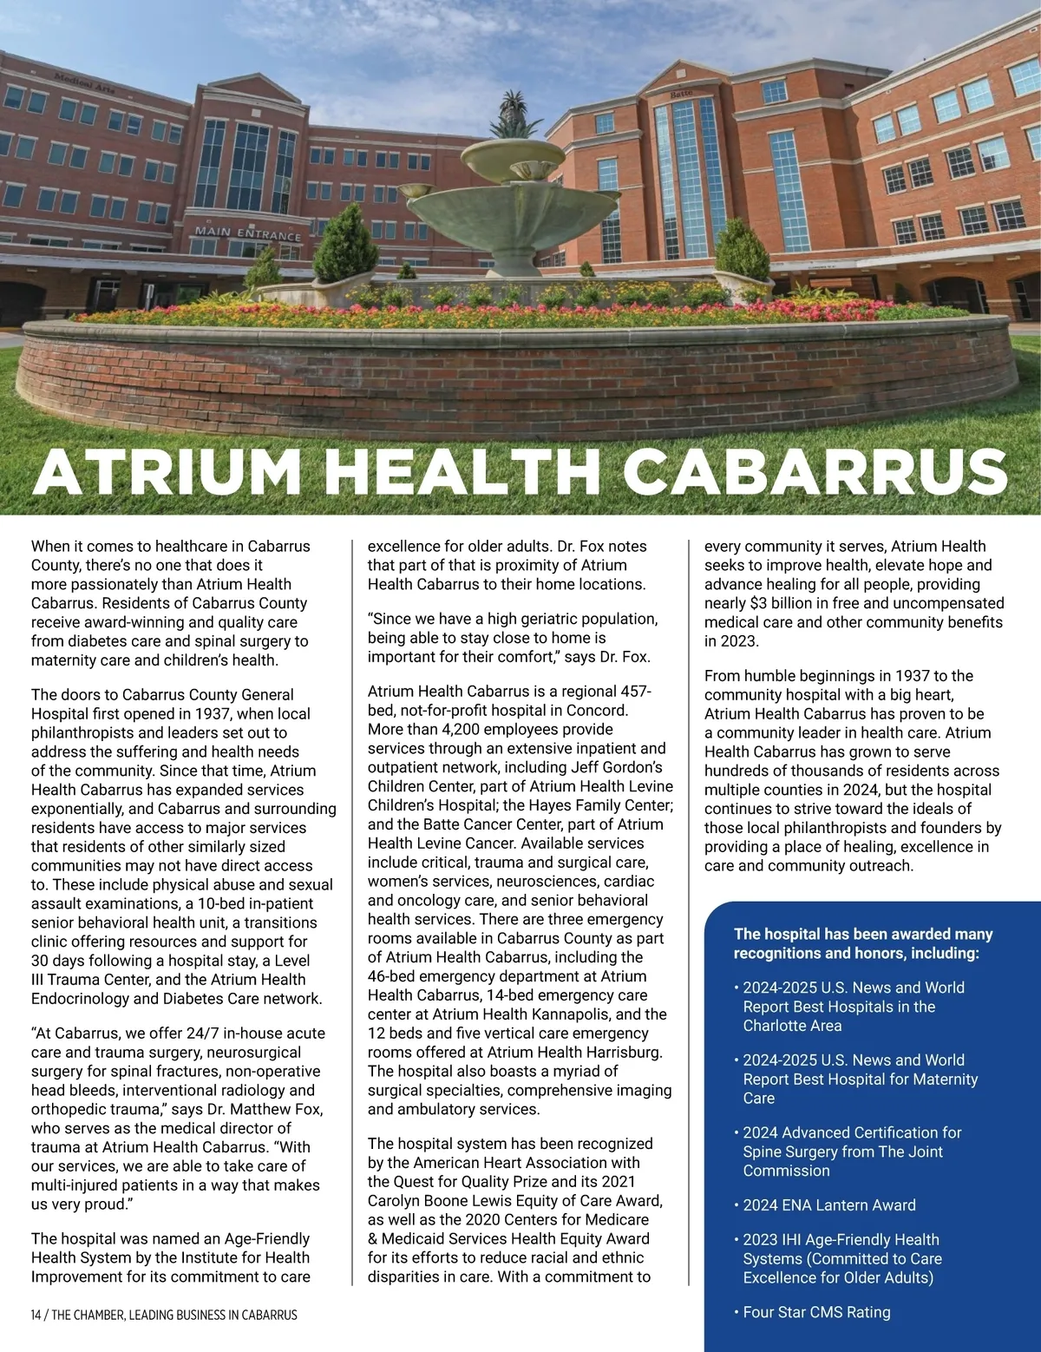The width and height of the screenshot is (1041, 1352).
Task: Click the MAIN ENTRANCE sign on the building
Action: point(248,233)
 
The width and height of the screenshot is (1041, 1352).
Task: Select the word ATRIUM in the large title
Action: point(167,473)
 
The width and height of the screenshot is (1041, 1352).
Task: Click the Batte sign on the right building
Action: point(682,91)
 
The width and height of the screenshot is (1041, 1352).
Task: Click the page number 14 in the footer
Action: point(36,1315)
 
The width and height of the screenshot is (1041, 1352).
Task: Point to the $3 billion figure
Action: point(785,603)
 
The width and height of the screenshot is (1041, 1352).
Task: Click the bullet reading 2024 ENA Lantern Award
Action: point(828,1204)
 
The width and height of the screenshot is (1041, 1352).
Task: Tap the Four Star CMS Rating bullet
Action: point(816,1312)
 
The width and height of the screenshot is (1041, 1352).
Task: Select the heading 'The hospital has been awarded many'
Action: point(862,934)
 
